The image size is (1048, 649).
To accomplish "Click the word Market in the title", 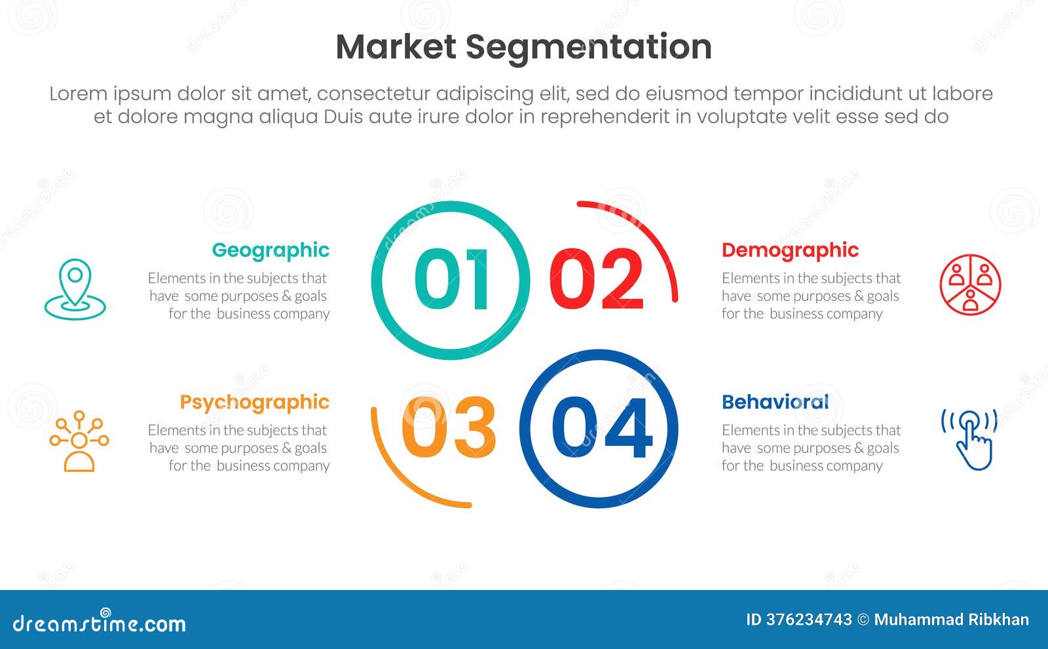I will [x=396, y=47].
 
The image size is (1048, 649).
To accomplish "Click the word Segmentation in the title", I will [x=588, y=47].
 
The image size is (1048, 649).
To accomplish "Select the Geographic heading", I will [x=271, y=250].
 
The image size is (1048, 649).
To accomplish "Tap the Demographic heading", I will [x=790, y=250].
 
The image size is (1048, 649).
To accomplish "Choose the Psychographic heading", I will [x=254, y=402].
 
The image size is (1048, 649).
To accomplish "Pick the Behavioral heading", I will [x=775, y=402].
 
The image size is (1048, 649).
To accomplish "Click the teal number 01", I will [x=452, y=279].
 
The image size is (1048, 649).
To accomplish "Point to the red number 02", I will [x=597, y=279].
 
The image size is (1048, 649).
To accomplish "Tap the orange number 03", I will [x=449, y=428].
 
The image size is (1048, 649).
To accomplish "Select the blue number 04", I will [x=602, y=428].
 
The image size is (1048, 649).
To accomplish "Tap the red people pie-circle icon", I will [x=970, y=285].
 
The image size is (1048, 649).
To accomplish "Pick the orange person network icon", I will [x=79, y=441].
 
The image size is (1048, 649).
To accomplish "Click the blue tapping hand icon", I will [x=970, y=439].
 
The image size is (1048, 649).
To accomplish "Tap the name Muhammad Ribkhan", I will [x=951, y=620].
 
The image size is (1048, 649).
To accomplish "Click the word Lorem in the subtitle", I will [x=78, y=94].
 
